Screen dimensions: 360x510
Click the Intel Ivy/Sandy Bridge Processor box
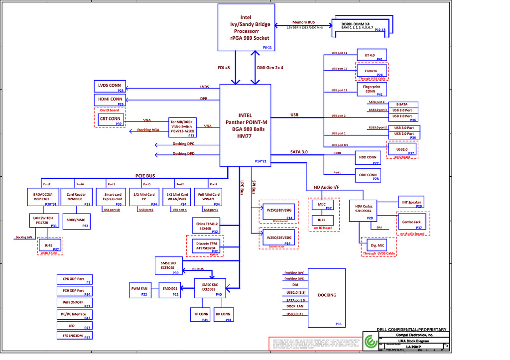tap(247, 27)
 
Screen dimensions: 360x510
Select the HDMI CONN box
tap(110, 100)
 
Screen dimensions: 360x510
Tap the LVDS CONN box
tap(110, 86)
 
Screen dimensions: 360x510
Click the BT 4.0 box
tap(372, 54)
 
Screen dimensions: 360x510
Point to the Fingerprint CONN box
tap(372, 89)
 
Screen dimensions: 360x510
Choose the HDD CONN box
tap(368, 158)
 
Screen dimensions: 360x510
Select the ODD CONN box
tap(368, 175)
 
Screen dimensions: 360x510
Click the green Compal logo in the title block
tap(370, 342)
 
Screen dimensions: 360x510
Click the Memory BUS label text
tap(303, 22)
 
